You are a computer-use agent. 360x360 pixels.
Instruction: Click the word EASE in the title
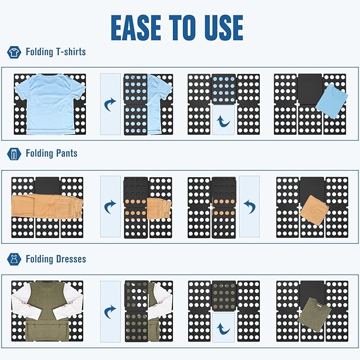click(x=136, y=28)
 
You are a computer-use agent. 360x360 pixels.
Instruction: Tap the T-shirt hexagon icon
click(x=14, y=52)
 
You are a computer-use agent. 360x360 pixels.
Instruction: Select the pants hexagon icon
click(x=14, y=154)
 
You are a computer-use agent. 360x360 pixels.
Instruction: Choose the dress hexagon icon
click(x=14, y=259)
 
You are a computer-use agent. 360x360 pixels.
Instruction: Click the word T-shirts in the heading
click(x=71, y=51)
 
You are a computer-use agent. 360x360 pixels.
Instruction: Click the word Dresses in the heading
click(x=71, y=259)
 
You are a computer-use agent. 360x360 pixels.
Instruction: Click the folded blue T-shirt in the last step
click(x=331, y=101)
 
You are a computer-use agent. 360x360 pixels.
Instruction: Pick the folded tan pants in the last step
click(x=314, y=209)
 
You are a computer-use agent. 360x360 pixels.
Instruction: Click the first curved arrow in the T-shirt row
click(x=110, y=104)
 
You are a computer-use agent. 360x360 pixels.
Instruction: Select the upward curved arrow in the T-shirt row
click(x=223, y=121)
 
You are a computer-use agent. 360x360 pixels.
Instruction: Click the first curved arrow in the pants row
click(x=110, y=207)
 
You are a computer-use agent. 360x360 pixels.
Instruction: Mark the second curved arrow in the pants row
click(x=249, y=207)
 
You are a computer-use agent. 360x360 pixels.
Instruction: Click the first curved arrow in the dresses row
click(x=110, y=312)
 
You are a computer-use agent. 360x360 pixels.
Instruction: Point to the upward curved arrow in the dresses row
click(x=223, y=329)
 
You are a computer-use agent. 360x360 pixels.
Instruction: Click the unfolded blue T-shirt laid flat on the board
click(x=50, y=104)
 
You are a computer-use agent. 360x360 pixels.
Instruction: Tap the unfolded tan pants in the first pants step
click(x=47, y=206)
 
